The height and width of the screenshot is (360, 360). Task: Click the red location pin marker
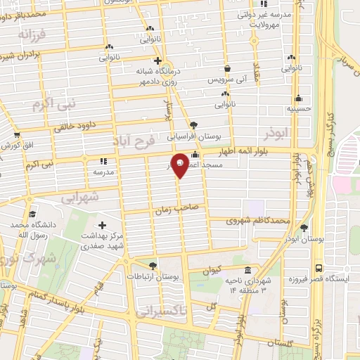[x=180, y=165]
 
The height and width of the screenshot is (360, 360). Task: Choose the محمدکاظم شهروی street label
[x=259, y=221]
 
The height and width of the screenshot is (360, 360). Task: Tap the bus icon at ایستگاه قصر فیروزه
[x=319, y=268]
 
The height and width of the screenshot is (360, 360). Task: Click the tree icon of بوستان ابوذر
[x=304, y=228]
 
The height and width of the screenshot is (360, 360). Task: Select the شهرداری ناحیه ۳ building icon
[x=247, y=271]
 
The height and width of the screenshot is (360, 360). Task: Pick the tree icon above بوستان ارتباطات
[x=153, y=265]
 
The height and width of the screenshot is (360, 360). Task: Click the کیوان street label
[x=211, y=269]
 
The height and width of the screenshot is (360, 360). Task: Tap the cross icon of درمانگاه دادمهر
[x=158, y=60]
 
